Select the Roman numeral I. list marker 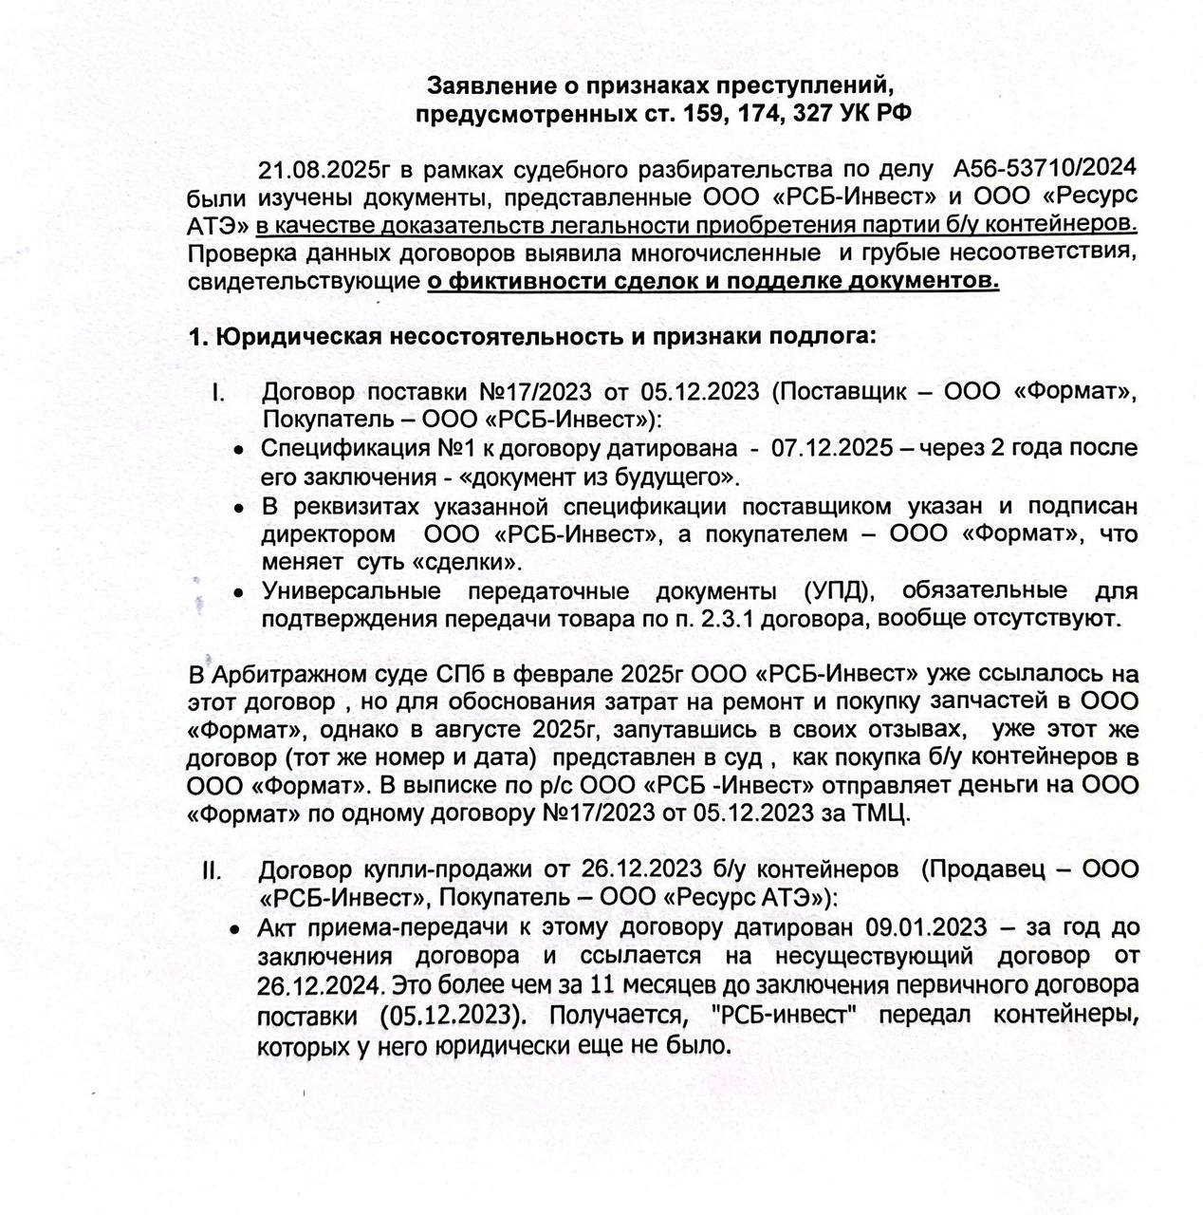[217, 393]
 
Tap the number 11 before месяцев [602, 983]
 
